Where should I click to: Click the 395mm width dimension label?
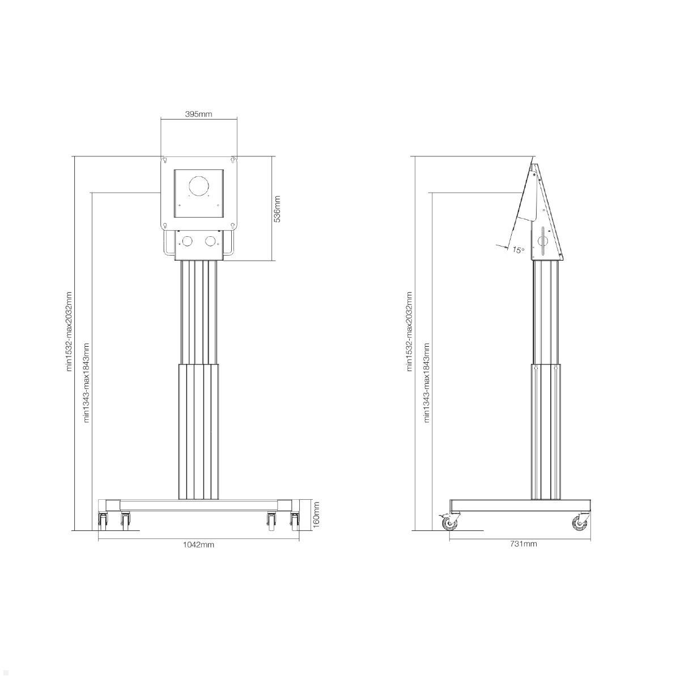[198, 114]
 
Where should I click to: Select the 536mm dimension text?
[277, 209]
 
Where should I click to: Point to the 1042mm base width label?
[198, 545]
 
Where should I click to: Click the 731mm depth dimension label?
[524, 544]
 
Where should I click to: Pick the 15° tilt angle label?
[518, 250]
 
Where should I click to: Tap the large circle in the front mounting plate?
[199, 186]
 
